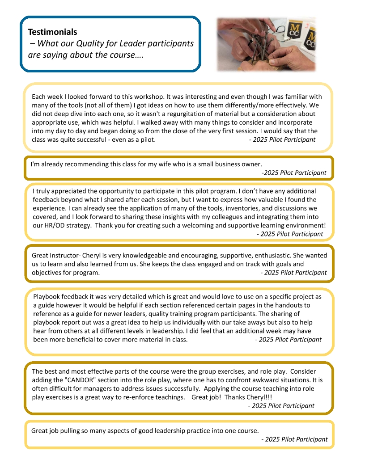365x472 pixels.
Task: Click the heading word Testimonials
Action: pos(52,32)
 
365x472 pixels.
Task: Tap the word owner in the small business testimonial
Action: pos(251,164)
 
